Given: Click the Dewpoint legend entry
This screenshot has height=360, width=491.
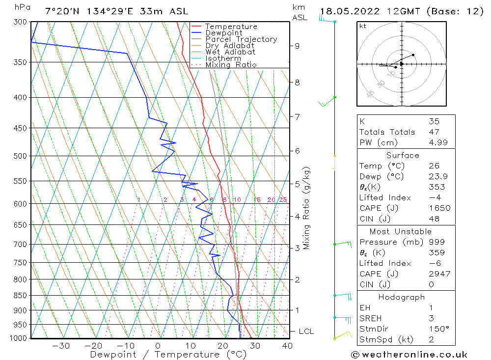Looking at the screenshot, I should tap(223, 33).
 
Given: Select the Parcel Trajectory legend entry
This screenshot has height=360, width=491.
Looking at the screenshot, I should tap(241, 39).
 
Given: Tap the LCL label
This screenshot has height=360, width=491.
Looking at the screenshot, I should tap(306, 332).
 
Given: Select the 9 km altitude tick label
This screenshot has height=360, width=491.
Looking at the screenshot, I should tap(297, 46).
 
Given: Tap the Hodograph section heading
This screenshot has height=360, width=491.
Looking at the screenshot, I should tap(402, 297).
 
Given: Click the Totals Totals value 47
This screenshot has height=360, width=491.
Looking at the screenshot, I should tap(434, 132).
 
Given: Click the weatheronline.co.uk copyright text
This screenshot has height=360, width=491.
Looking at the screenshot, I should tap(409, 355).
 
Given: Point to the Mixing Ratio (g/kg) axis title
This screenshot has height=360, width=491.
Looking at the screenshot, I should tap(307, 208).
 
